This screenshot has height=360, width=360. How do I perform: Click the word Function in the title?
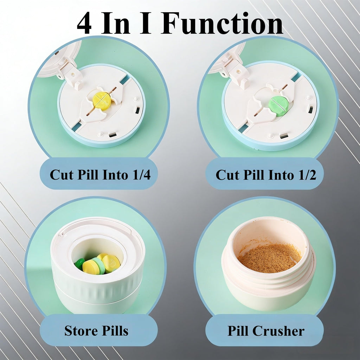[x=222, y=23]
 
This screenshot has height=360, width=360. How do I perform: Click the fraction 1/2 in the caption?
[x=307, y=175]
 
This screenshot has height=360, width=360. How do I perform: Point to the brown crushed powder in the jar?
[x=269, y=258]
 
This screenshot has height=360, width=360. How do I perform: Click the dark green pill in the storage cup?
[x=79, y=264]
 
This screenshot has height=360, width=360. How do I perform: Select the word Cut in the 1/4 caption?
[x=62, y=175]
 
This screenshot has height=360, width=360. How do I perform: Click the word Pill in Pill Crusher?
[x=238, y=331]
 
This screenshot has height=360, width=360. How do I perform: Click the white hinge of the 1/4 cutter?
[x=69, y=72]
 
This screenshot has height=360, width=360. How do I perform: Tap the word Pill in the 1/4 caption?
[x=88, y=175]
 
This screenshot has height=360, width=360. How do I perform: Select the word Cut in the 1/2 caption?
[x=228, y=175]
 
